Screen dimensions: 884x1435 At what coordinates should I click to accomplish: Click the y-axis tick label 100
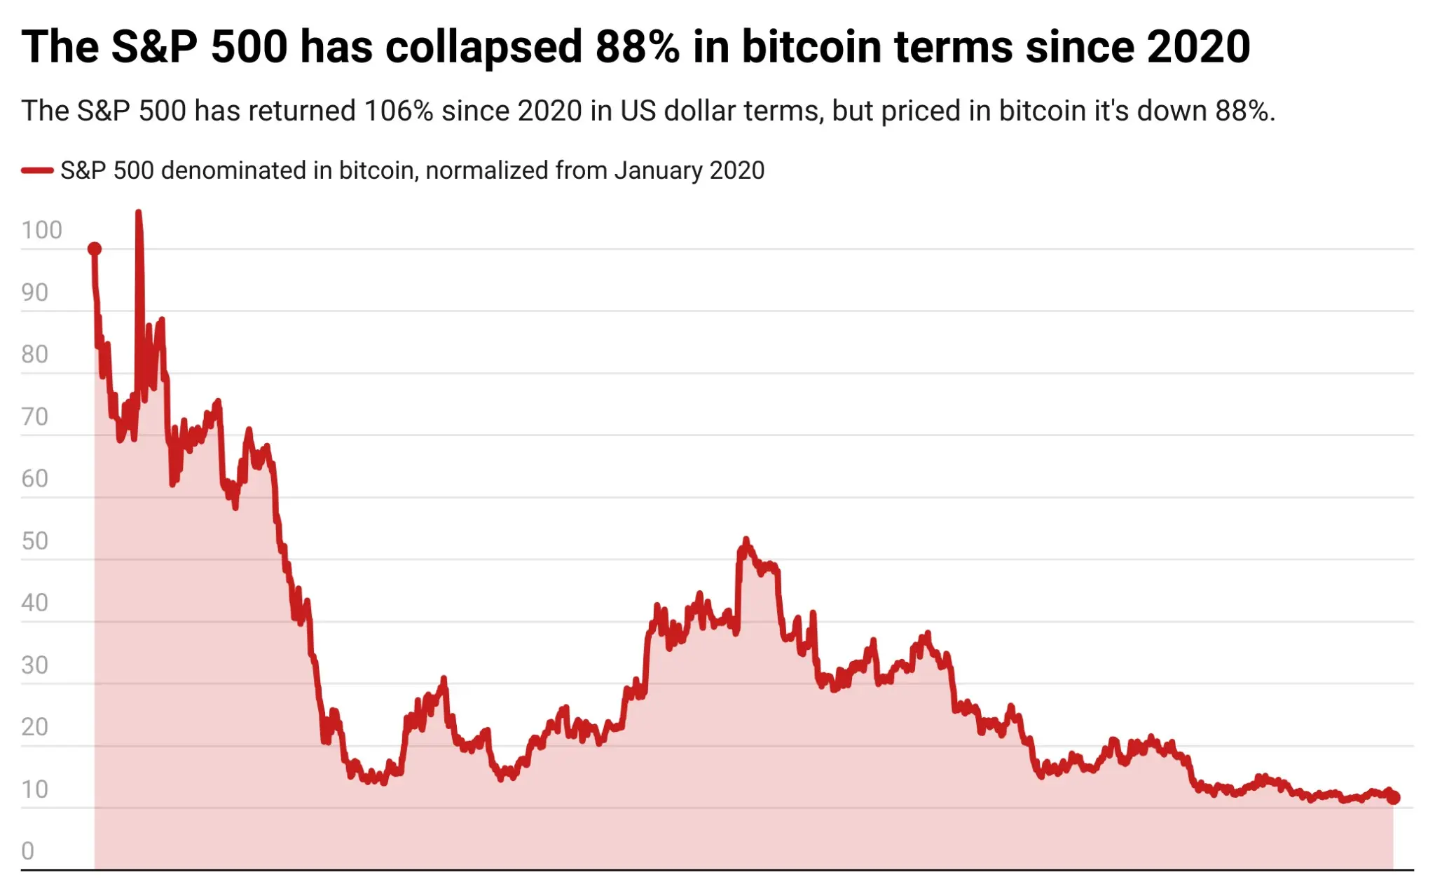point(41,230)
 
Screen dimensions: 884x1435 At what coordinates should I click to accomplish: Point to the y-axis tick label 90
point(34,292)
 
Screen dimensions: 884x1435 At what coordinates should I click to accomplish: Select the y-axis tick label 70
point(34,416)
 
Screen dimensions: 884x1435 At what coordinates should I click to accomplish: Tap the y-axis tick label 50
point(34,540)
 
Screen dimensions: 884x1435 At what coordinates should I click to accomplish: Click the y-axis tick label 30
point(34,665)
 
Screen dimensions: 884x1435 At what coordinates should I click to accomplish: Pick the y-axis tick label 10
point(34,789)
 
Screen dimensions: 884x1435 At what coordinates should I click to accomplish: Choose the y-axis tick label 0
point(27,850)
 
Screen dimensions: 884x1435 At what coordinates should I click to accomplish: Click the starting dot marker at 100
point(95,249)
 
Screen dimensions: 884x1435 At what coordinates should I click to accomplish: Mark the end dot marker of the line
point(1393,797)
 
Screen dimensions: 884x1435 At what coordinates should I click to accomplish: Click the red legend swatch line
point(37,170)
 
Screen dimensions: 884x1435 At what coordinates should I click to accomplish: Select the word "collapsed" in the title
point(483,47)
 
